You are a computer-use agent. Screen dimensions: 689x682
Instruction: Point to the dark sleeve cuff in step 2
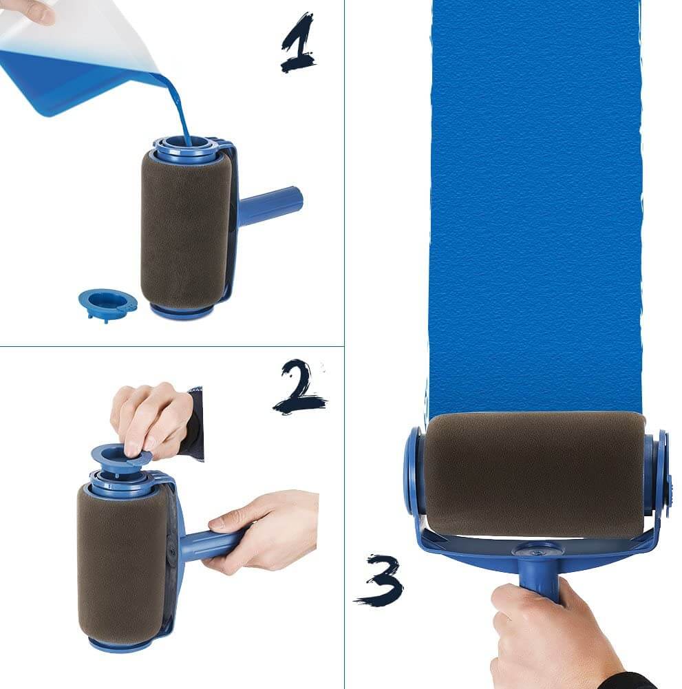pyautogui.click(x=195, y=423)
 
